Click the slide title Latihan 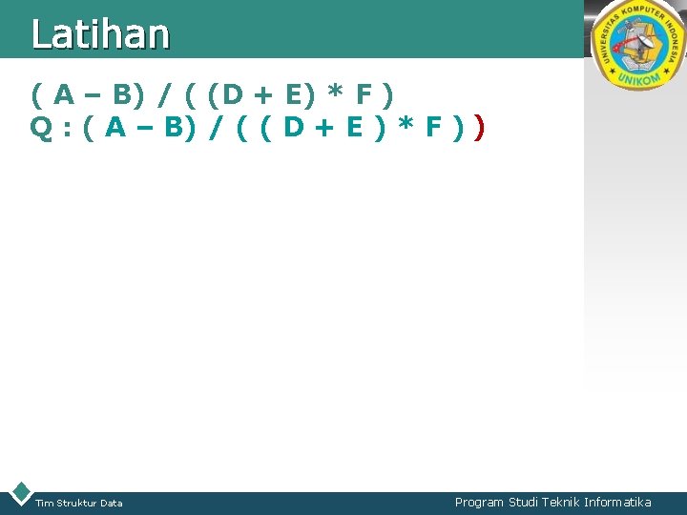pyautogui.click(x=100, y=34)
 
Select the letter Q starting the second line pyautogui.click(x=41, y=128)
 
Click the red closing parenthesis pyautogui.click(x=479, y=128)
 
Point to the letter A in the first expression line pyautogui.click(x=65, y=94)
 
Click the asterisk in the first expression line pyautogui.click(x=335, y=94)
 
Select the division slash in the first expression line pyautogui.click(x=166, y=94)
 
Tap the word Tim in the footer pyautogui.click(x=44, y=503)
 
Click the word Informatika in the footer pyautogui.click(x=617, y=502)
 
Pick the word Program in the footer pyautogui.click(x=479, y=502)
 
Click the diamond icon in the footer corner pyautogui.click(x=19, y=493)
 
